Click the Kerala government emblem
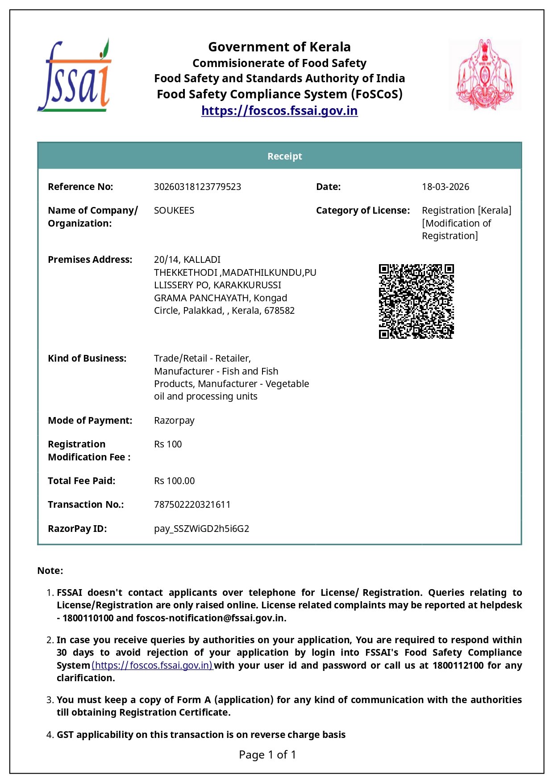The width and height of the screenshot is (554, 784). coord(485,75)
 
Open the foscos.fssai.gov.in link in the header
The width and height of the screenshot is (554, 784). coord(279,110)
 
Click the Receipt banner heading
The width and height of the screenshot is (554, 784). coord(284,156)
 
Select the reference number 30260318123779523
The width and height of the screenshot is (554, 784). coord(197,187)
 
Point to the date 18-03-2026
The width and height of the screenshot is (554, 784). coord(445,187)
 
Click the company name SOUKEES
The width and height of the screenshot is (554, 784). coord(174,211)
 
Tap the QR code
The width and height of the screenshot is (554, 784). coord(416,301)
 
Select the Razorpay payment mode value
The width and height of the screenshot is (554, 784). coord(174,421)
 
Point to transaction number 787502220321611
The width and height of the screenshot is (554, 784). coord(192,505)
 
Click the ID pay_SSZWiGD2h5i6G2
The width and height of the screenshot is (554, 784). coord(201,529)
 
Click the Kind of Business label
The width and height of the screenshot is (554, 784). coord(87,358)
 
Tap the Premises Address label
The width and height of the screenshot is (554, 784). coord(90,260)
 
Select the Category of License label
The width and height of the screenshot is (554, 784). coord(362,211)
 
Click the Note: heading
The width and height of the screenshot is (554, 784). coord(50,571)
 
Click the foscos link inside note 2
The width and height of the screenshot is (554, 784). coord(152,666)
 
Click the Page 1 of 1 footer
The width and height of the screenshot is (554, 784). coord(267,755)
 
